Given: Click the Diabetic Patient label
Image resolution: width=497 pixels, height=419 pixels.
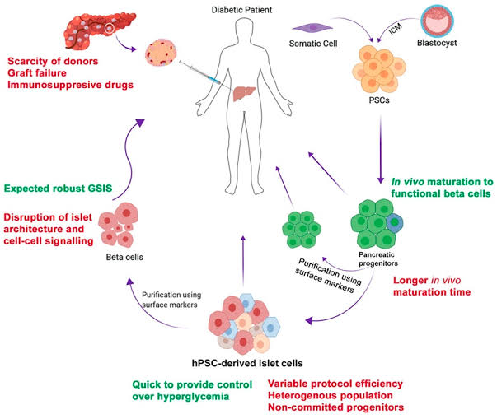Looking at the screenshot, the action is pyautogui.click(x=241, y=10).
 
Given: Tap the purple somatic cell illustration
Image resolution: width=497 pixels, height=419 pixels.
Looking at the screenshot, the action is pyautogui.click(x=312, y=28).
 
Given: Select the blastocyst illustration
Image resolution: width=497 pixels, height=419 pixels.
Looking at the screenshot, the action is pyautogui.click(x=437, y=21).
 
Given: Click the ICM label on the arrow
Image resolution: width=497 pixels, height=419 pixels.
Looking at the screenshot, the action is pyautogui.click(x=396, y=29).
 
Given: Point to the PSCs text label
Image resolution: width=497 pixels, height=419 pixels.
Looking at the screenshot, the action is pyautogui.click(x=379, y=100).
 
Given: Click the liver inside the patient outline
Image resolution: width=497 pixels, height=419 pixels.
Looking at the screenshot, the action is pyautogui.click(x=244, y=94).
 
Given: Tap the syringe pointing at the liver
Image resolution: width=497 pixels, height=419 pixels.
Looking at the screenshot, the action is pyautogui.click(x=199, y=72).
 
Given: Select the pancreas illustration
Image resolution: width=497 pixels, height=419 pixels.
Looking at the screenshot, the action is pyautogui.click(x=100, y=30).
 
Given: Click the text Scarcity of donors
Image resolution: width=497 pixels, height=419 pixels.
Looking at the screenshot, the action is pyautogui.click(x=53, y=61).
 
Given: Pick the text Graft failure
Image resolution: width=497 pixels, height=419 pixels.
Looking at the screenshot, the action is pyautogui.click(x=37, y=73).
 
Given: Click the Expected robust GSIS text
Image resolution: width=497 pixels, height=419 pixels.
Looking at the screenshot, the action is pyautogui.click(x=58, y=189).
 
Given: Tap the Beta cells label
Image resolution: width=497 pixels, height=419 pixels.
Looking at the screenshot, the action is pyautogui.click(x=124, y=257).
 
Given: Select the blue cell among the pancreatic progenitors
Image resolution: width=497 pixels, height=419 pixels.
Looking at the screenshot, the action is pyautogui.click(x=395, y=223).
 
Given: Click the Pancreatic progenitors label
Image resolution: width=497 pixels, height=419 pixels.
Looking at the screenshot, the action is pyautogui.click(x=377, y=258).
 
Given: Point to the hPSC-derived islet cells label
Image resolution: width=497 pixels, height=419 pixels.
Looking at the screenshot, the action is pyautogui.click(x=247, y=363).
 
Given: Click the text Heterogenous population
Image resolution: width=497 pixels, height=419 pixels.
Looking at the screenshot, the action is pyautogui.click(x=331, y=395).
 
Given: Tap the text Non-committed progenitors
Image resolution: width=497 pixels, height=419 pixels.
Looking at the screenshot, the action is pyautogui.click(x=335, y=407).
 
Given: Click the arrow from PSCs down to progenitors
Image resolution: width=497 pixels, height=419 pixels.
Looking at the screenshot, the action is pyautogui.click(x=381, y=150).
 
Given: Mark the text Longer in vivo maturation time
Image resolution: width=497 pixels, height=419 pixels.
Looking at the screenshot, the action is pyautogui.click(x=432, y=286).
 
